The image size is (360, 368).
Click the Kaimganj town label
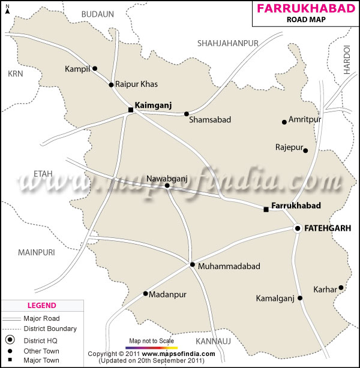[x=153, y=105]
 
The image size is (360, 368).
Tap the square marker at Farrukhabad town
[x=266, y=209]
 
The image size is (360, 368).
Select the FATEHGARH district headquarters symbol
[x=297, y=228]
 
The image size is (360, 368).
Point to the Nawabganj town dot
[x=167, y=186]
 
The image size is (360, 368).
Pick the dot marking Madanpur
[x=145, y=294]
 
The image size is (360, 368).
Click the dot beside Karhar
[x=341, y=288]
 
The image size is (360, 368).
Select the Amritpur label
[x=305, y=120]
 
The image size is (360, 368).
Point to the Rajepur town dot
[x=305, y=150]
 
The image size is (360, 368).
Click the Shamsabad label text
[x=210, y=120]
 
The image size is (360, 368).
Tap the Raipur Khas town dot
[x=111, y=85]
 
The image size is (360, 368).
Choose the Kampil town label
[x=77, y=69]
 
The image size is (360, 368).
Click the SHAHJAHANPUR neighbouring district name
[x=228, y=42]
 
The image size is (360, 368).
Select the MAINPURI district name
[x=37, y=251]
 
